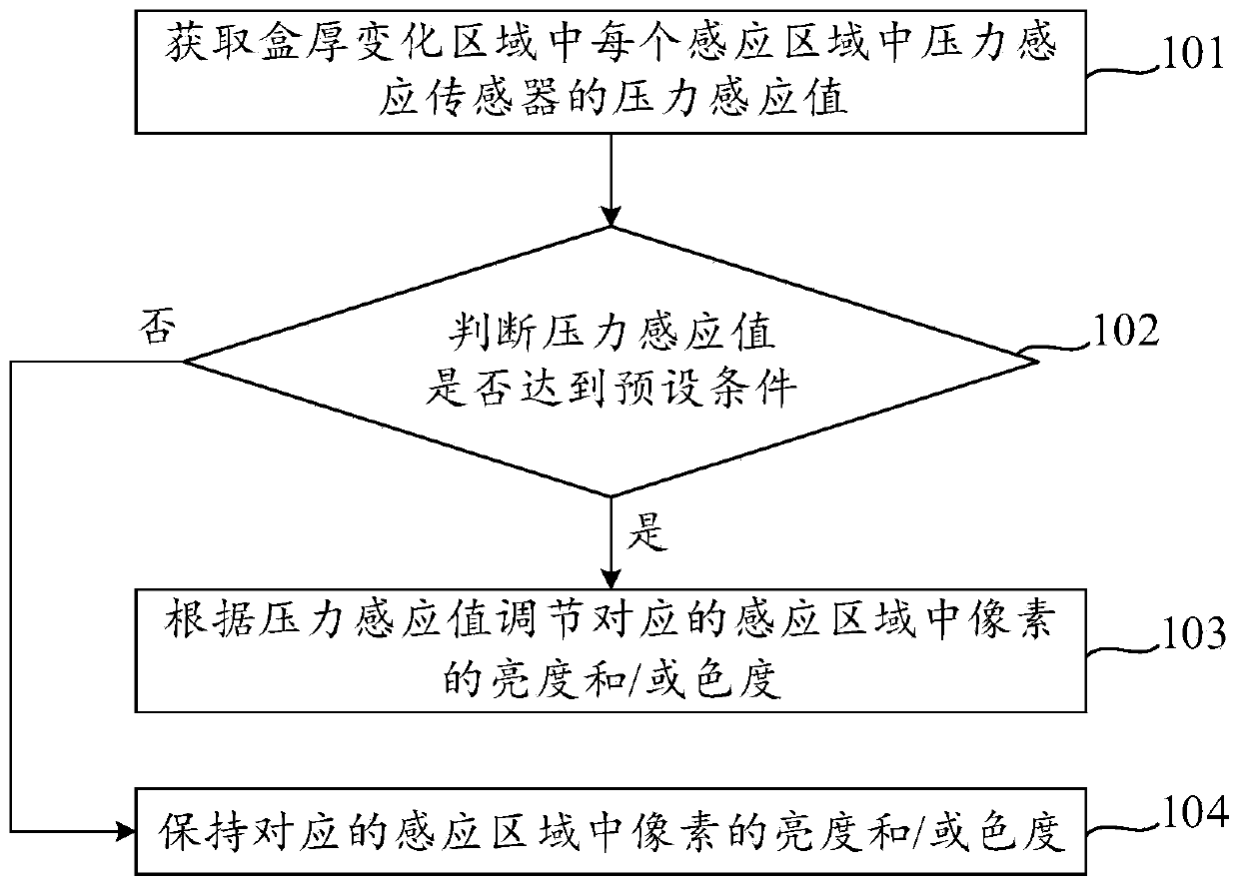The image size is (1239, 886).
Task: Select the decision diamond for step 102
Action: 610,361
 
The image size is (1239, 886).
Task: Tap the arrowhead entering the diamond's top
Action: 611,214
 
